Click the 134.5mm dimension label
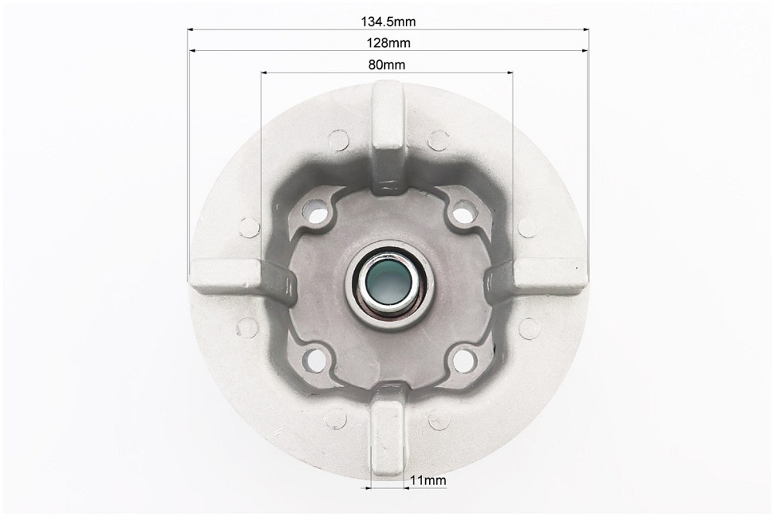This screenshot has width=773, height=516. click(389, 22)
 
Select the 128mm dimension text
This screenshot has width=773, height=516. click(389, 43)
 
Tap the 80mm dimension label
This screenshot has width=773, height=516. click(387, 65)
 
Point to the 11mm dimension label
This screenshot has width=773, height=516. click(428, 480)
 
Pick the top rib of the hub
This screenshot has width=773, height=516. click(388, 135)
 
